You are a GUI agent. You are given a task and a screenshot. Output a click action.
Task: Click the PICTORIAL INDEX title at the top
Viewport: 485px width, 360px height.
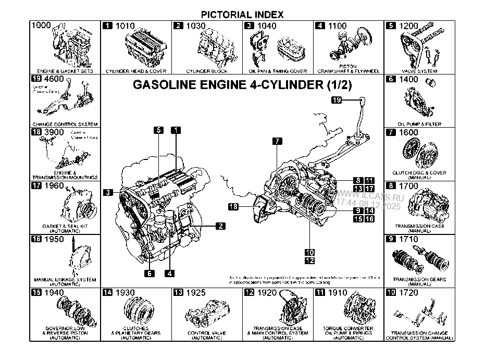[x=242, y=15]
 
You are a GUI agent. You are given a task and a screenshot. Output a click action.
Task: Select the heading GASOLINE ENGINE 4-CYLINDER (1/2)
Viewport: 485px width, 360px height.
[x=242, y=85]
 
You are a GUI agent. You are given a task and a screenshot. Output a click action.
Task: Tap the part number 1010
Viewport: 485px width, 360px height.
[x=125, y=26]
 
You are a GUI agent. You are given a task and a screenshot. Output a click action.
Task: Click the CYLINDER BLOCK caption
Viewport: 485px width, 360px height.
[x=207, y=71]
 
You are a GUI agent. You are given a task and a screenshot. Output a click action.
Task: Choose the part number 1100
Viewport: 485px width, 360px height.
[x=338, y=26]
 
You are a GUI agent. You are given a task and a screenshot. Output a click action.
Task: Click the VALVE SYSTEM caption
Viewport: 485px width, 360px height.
[x=419, y=71]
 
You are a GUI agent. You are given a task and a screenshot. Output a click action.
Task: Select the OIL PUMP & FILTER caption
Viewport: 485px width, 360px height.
[x=419, y=125]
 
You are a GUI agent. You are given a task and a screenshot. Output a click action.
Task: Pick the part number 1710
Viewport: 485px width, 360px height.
[x=409, y=240]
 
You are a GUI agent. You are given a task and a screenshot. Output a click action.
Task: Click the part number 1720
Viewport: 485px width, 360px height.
[x=409, y=293]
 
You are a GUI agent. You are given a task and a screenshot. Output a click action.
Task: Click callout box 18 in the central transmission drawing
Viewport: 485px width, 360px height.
[x=233, y=207]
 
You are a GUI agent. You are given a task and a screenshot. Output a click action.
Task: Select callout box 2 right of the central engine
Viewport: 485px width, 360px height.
[x=220, y=226]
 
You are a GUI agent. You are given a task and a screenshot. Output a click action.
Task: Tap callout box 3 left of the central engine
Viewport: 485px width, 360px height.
[x=108, y=193]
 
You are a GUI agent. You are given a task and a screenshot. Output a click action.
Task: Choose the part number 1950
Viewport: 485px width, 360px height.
[x=54, y=240]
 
